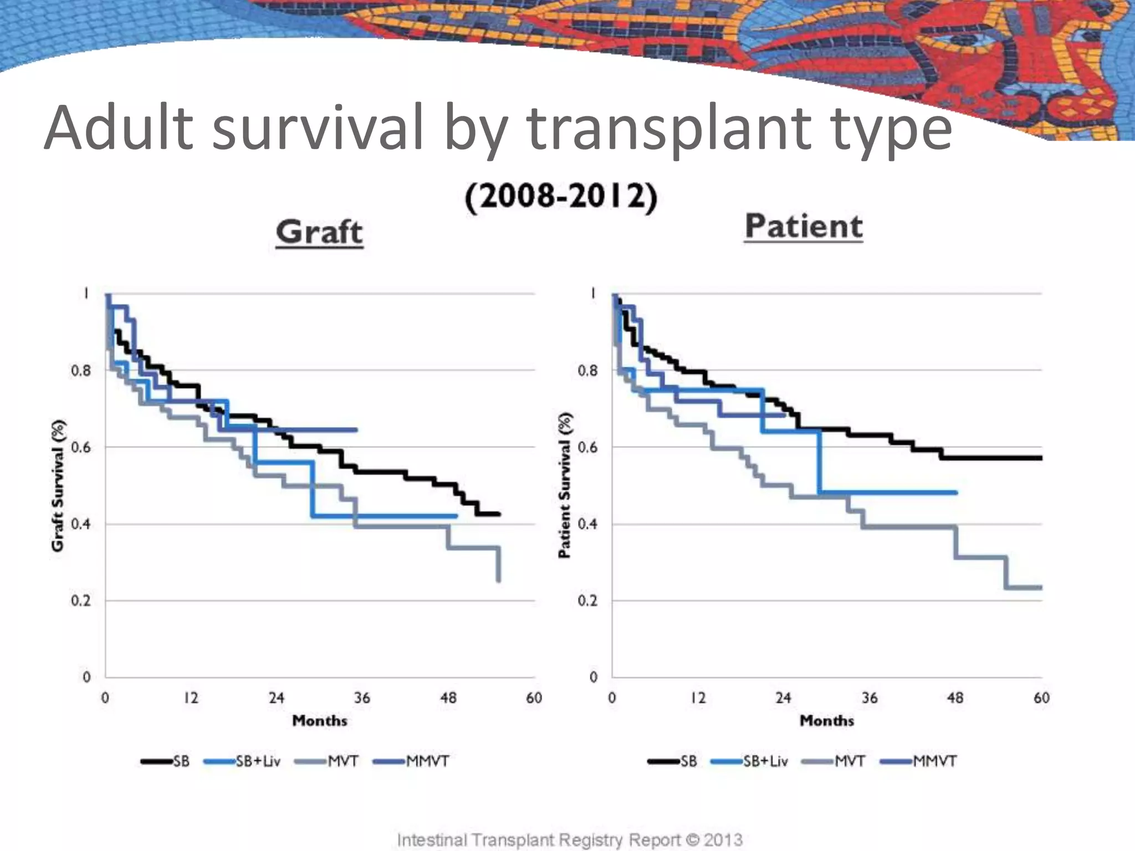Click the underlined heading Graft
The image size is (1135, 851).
click(319, 232)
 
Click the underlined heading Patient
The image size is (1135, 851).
click(804, 226)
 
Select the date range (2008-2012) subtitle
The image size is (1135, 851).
click(561, 197)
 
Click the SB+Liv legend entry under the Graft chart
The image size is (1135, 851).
click(243, 761)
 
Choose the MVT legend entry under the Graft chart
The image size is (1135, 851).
click(327, 761)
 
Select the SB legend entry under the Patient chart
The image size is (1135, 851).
click(673, 761)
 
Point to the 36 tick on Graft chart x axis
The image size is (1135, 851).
click(362, 698)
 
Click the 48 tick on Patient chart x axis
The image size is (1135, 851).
click(955, 698)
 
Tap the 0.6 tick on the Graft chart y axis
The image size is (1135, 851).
click(81, 447)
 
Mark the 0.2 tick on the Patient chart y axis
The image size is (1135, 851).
click(587, 601)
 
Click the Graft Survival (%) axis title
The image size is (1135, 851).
click(58, 485)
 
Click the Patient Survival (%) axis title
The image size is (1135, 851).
click(565, 485)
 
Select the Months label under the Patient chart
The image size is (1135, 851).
click(826, 721)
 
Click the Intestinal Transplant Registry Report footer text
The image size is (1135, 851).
click(570, 839)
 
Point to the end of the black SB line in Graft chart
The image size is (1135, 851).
click(499, 514)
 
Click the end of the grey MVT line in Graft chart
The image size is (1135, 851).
click(499, 580)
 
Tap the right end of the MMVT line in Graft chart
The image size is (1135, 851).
click(356, 430)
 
